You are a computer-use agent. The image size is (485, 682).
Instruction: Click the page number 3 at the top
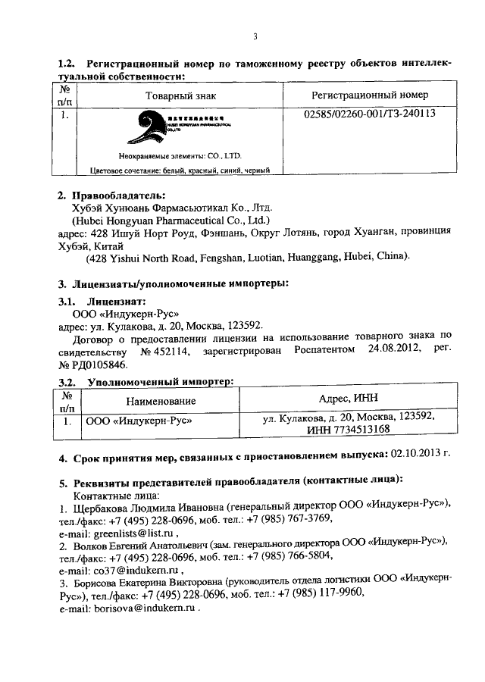[255, 36]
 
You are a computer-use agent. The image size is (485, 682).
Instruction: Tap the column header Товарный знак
[179, 95]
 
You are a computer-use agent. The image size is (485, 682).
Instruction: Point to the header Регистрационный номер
[370, 95]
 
